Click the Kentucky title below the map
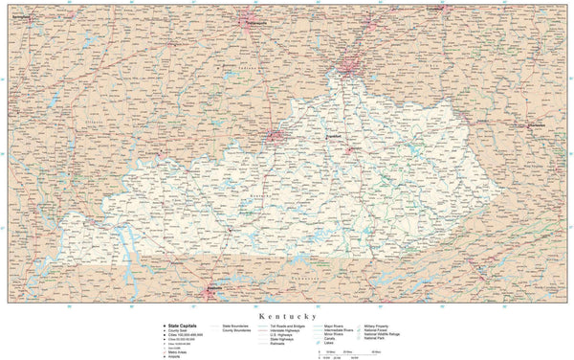point(286,314)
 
